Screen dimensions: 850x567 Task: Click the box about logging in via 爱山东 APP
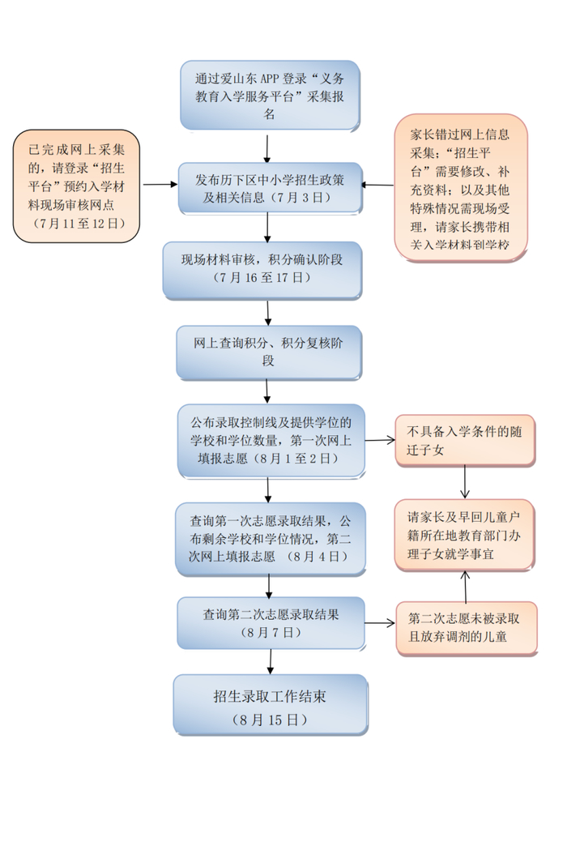coord(270,96)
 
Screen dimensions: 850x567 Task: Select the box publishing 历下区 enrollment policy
coord(270,187)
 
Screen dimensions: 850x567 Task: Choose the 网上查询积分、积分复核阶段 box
coord(269,352)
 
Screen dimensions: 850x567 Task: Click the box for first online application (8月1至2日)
coord(271,441)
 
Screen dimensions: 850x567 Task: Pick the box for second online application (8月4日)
coord(270,539)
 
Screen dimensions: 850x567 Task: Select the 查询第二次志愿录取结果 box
coord(271,622)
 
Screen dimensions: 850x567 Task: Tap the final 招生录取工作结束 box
coord(270,705)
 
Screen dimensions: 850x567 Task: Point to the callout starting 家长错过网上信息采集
coord(461,187)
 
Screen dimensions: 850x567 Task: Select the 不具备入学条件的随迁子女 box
coord(465,441)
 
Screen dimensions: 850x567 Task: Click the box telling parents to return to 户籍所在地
coord(465,536)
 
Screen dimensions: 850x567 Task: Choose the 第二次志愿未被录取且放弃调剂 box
coord(465,627)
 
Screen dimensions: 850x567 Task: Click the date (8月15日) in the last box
coord(270,719)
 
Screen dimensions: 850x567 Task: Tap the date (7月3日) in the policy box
coord(300,197)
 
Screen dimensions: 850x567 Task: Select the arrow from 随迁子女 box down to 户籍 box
coord(465,483)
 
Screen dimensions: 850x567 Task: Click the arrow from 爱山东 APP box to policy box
coord(267,147)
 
